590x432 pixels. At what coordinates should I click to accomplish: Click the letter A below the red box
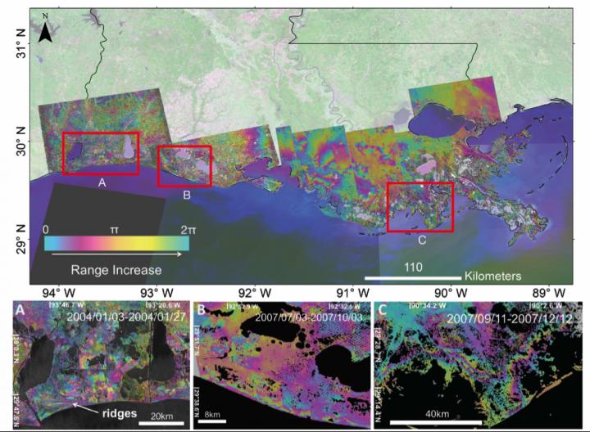coord(102,182)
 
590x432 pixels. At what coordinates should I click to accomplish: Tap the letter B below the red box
coord(187,195)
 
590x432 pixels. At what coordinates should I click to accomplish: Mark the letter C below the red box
coord(421,240)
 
